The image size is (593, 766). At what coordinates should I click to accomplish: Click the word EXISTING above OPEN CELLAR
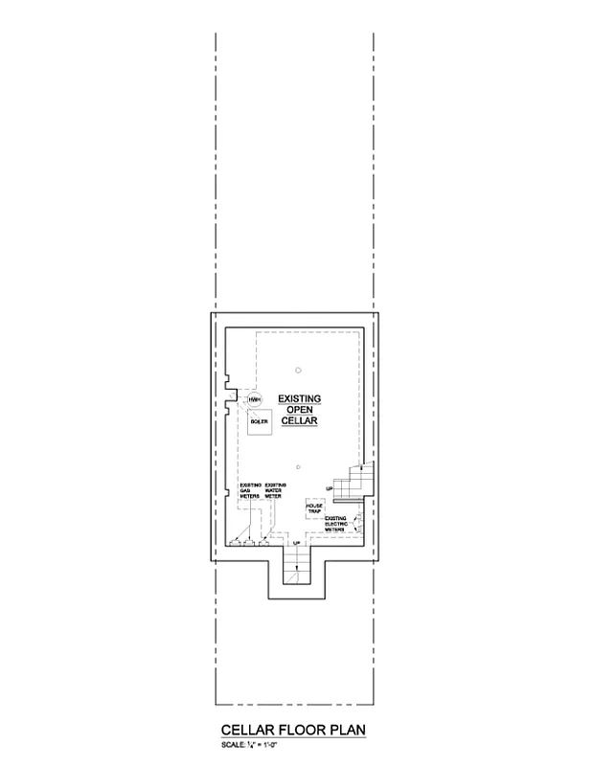click(299, 396)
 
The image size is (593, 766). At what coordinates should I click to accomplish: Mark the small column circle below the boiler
click(299, 466)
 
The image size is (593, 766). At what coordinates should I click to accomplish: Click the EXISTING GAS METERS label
click(250, 491)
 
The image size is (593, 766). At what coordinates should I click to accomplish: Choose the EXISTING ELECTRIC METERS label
click(337, 523)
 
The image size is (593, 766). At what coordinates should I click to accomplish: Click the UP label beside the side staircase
click(330, 488)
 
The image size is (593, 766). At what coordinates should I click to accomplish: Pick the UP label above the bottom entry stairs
click(296, 544)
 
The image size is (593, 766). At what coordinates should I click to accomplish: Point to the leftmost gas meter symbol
click(236, 542)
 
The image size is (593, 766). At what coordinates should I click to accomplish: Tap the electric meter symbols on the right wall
click(359, 522)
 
